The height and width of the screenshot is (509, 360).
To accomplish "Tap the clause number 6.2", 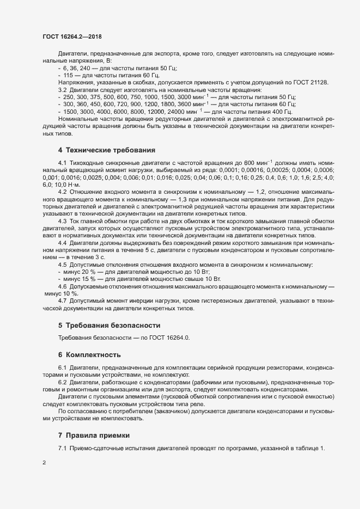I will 62,383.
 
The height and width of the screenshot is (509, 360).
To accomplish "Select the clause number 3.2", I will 62,89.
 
